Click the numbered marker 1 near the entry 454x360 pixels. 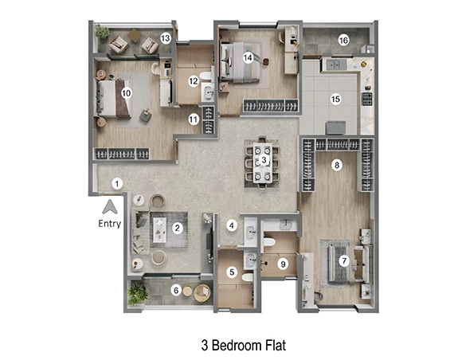tap(117, 184)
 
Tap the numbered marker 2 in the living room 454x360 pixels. tap(178, 229)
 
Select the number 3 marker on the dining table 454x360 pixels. tap(264, 160)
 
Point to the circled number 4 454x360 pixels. tap(232, 225)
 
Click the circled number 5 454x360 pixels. tap(232, 272)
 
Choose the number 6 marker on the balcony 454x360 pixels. tap(176, 291)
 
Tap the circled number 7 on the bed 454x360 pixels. tap(344, 260)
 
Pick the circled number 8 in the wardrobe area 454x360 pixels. tap(337, 165)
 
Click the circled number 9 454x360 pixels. tap(282, 264)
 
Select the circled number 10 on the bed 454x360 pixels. tap(126, 92)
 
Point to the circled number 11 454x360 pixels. tap(194, 119)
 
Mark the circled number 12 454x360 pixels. tap(194, 80)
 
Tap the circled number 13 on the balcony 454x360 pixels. tap(166, 37)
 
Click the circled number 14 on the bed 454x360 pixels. tap(249, 57)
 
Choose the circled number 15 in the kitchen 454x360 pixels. tap(335, 99)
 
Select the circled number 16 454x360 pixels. tap(343, 40)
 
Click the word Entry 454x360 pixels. tap(110, 224)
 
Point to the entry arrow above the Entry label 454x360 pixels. tap(111, 206)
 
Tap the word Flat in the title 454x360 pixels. tap(273, 346)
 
